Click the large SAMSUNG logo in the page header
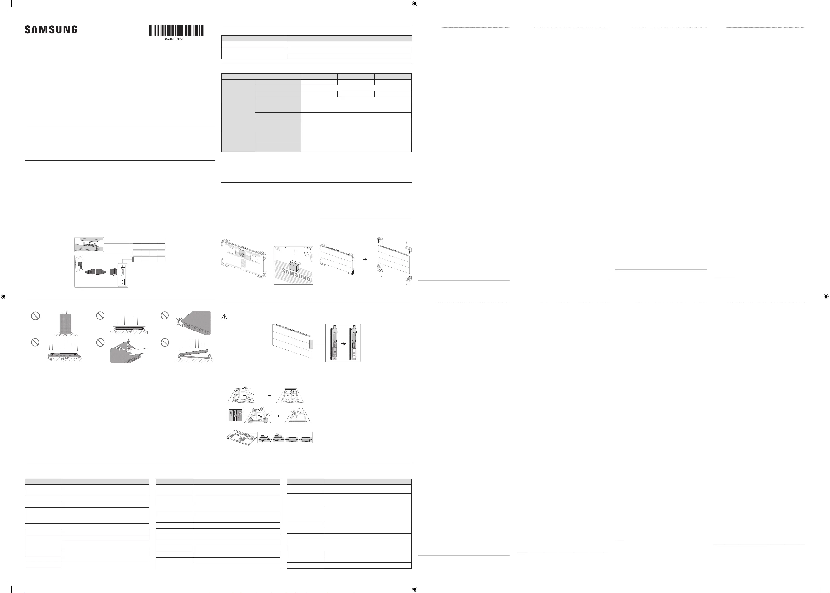tap(51, 29)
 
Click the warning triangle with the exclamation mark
tap(224, 317)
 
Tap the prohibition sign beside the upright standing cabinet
tap(35, 316)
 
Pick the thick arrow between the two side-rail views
tap(343, 344)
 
